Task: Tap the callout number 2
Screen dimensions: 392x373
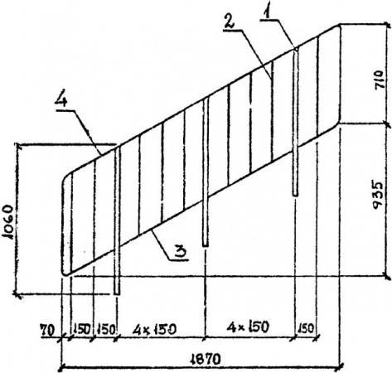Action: click(x=229, y=21)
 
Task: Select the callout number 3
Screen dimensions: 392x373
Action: click(x=181, y=251)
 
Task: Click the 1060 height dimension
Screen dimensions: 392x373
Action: click(x=7, y=221)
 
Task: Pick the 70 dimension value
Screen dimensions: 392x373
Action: click(x=47, y=331)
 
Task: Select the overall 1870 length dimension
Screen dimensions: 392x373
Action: click(x=206, y=359)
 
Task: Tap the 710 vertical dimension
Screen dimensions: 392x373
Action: click(x=380, y=80)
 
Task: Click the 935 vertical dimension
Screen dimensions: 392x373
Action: click(x=378, y=195)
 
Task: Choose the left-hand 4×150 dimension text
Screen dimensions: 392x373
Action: click(x=154, y=329)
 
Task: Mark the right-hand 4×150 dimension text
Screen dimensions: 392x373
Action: click(x=248, y=327)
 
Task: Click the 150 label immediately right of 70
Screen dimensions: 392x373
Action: click(x=82, y=329)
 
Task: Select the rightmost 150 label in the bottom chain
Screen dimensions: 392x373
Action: click(x=306, y=328)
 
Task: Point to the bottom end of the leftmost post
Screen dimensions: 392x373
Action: click(x=117, y=294)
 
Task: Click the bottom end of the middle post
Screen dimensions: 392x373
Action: click(x=206, y=245)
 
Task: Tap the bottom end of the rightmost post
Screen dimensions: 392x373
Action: click(x=295, y=195)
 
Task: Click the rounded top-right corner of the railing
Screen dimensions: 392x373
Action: click(x=338, y=27)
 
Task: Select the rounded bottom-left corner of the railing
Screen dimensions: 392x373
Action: click(x=64, y=273)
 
